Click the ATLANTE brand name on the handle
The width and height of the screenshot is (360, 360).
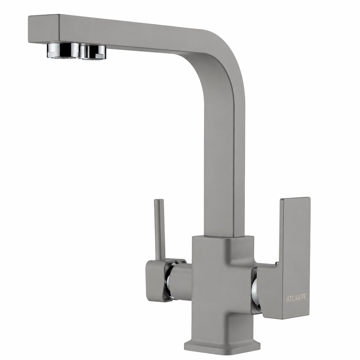tap(296, 297)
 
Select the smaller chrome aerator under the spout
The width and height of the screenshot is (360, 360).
tap(93, 52)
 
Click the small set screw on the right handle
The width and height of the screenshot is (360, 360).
tap(277, 263)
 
